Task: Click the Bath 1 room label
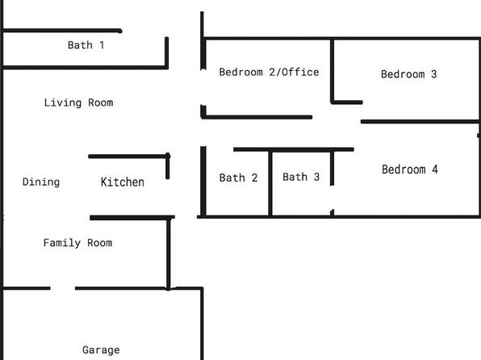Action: [86, 45]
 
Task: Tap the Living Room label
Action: [78, 103]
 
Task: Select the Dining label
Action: [41, 182]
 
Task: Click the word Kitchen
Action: [123, 182]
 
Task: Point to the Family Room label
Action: [77, 243]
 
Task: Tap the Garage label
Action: [101, 350]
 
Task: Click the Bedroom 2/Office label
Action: [269, 72]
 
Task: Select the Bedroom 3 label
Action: [408, 74]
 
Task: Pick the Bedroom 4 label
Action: [410, 170]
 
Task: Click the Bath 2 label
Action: [238, 178]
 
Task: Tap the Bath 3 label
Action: [301, 177]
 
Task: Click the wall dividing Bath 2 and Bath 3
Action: [270, 183]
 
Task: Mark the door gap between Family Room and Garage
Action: [63, 288]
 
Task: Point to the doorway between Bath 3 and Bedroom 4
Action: [333, 198]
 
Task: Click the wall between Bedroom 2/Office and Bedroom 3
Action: [332, 70]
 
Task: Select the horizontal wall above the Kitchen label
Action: [128, 157]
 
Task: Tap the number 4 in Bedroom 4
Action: [435, 170]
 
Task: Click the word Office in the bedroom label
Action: [300, 72]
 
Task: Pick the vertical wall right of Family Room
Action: [169, 253]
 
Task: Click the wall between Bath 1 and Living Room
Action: [86, 67]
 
